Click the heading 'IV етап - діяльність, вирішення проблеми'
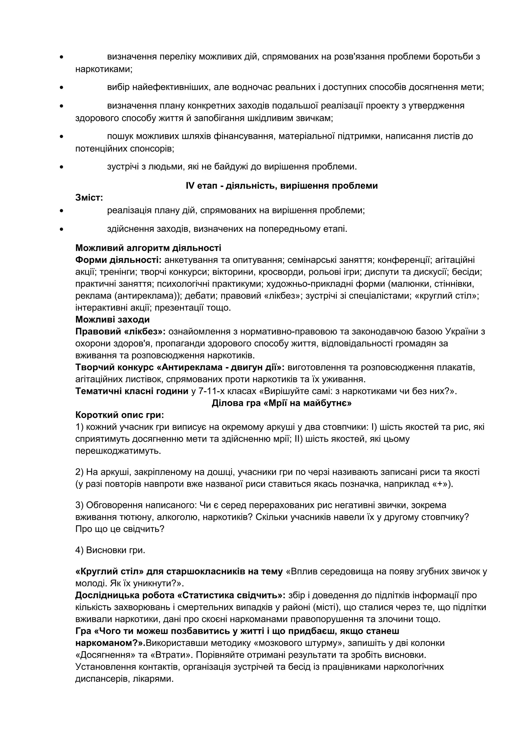point(282,186)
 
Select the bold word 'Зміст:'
point(89,197)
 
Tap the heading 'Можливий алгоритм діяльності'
point(148,248)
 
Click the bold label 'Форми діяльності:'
point(118,260)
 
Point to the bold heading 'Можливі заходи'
point(112,320)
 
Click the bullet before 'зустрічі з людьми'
point(61,167)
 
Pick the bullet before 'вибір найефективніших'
point(61,88)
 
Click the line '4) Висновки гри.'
point(110,550)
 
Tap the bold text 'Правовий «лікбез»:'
point(120,331)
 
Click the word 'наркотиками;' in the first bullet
point(104,69)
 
